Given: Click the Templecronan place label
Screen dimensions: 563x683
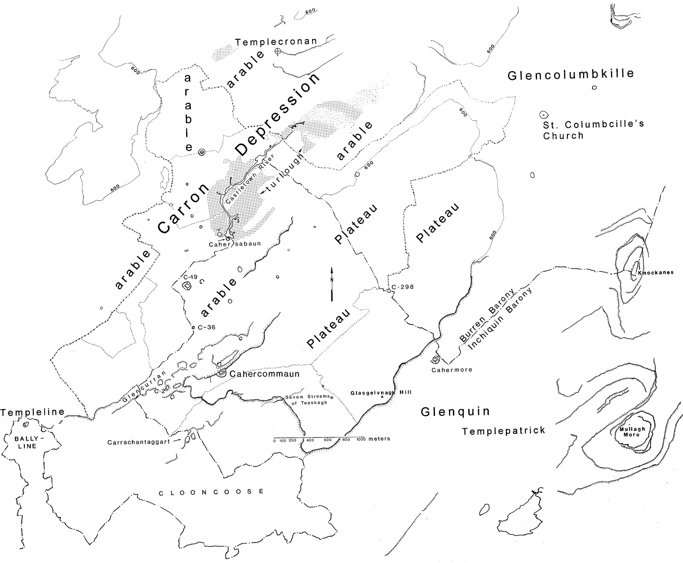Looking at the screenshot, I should coord(276,41).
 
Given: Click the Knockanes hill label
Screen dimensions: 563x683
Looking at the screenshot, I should coord(656,272).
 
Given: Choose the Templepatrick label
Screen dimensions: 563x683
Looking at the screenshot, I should coord(504,431).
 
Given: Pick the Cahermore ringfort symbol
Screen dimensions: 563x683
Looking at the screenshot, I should coord(435,359).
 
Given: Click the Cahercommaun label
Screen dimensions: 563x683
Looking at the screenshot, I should coord(264,374).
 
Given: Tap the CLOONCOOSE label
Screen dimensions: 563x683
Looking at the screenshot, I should coord(211,492).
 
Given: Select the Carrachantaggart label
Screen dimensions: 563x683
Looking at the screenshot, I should coord(138,442).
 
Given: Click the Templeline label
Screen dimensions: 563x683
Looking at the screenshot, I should coord(32,412).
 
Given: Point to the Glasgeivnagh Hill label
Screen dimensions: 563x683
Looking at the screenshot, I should coord(381,392).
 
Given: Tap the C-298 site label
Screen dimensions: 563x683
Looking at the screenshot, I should coord(403,287).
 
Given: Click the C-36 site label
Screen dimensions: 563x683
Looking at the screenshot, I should coord(207,327).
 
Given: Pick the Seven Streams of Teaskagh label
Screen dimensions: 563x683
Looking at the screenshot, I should coord(307,400).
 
